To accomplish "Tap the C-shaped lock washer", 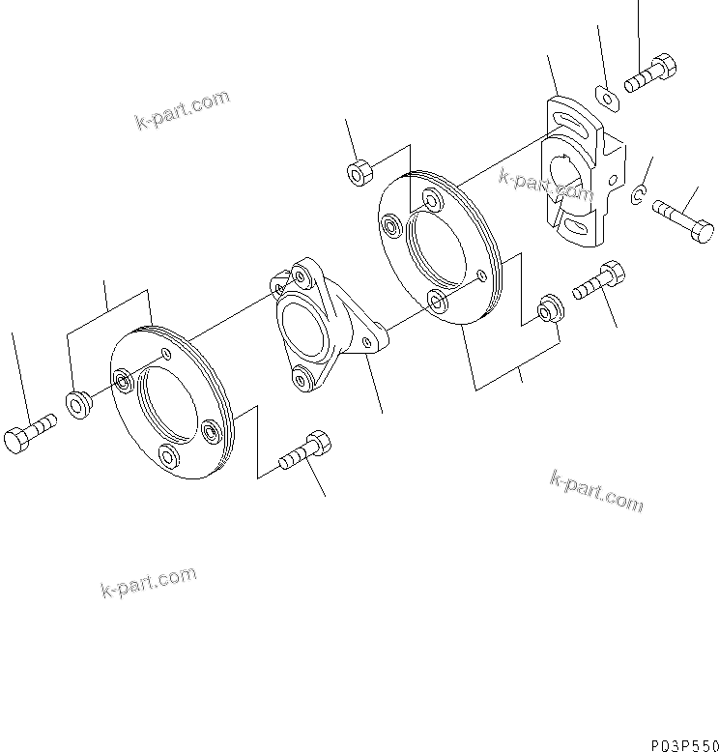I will (x=639, y=197).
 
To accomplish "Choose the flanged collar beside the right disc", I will (x=548, y=306).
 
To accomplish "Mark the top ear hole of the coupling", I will (x=301, y=277).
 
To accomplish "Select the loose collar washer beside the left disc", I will (x=77, y=401).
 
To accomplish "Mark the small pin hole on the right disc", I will (x=480, y=275).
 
